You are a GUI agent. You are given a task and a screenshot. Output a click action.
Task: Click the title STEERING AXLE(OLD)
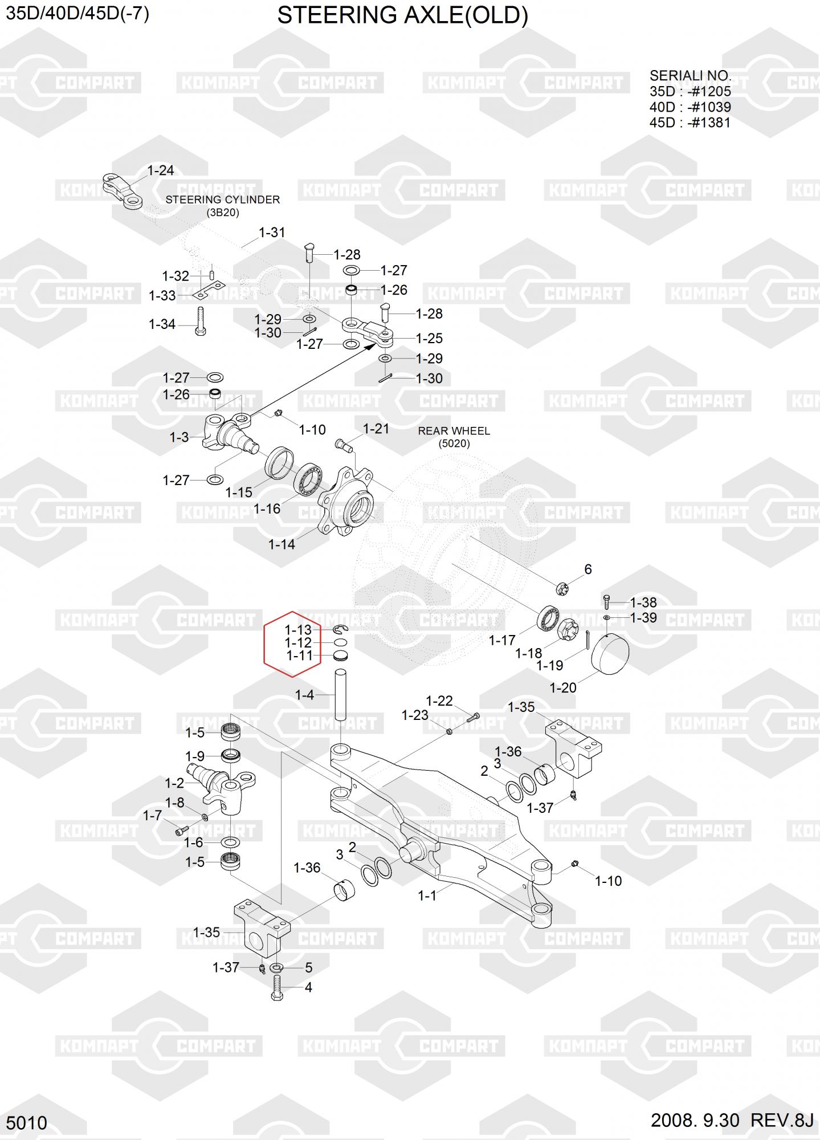[x=402, y=16]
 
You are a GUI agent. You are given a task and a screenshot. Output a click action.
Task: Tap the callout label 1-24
[x=160, y=170]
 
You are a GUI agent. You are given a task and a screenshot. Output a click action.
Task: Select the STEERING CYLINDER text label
[x=222, y=200]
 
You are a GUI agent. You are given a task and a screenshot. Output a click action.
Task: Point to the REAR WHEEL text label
[x=454, y=431]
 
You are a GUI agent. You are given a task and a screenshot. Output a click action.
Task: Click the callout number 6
[x=588, y=569]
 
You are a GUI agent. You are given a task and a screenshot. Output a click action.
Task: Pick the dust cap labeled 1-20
[x=610, y=656]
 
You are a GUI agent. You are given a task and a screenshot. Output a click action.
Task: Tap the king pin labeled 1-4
[x=341, y=695]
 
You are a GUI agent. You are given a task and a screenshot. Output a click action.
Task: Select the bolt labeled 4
[x=278, y=987]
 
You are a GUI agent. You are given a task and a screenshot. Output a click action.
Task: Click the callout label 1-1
[x=427, y=895]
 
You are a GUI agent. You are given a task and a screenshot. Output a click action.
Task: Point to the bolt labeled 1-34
[x=200, y=323]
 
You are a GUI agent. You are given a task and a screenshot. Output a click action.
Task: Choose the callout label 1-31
[x=272, y=233]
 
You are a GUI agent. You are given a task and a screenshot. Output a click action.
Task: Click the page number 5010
[x=26, y=1123]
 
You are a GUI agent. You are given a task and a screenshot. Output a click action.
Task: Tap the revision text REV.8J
[x=782, y=1120]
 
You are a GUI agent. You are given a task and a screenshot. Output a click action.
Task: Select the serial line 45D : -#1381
[x=690, y=123]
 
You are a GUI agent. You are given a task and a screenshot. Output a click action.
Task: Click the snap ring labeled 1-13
[x=341, y=629]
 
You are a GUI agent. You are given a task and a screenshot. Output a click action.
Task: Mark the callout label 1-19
[x=549, y=665]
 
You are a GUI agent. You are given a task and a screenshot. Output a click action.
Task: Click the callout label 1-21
[x=376, y=429]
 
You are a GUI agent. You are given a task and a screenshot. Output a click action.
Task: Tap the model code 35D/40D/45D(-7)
[x=77, y=13]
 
